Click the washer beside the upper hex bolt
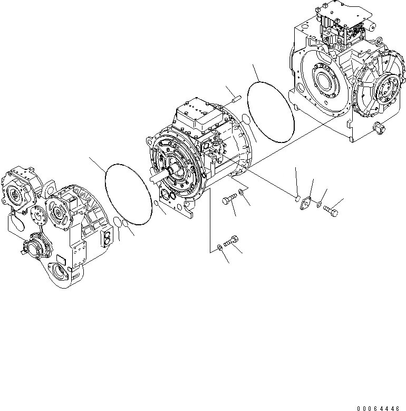(241, 192)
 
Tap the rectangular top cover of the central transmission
(196, 111)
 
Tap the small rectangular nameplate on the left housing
(60, 261)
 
